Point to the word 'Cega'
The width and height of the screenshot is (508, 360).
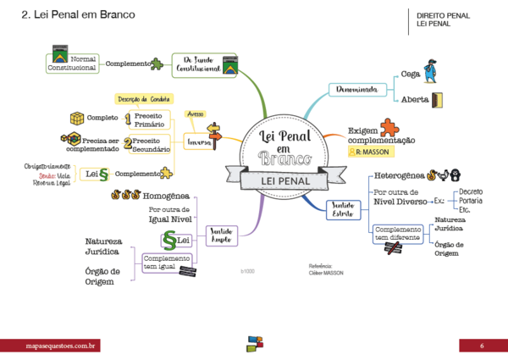[411, 74]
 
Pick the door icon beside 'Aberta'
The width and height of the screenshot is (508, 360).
[438, 100]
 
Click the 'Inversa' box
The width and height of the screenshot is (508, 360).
[200, 143]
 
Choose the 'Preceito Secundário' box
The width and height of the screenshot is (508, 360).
[152, 144]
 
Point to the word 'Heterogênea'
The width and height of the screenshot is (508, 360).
[399, 175]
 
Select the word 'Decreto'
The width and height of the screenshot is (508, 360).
[471, 191]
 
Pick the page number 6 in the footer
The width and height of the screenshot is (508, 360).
[482, 346]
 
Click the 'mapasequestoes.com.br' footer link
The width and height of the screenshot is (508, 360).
[59, 346]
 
